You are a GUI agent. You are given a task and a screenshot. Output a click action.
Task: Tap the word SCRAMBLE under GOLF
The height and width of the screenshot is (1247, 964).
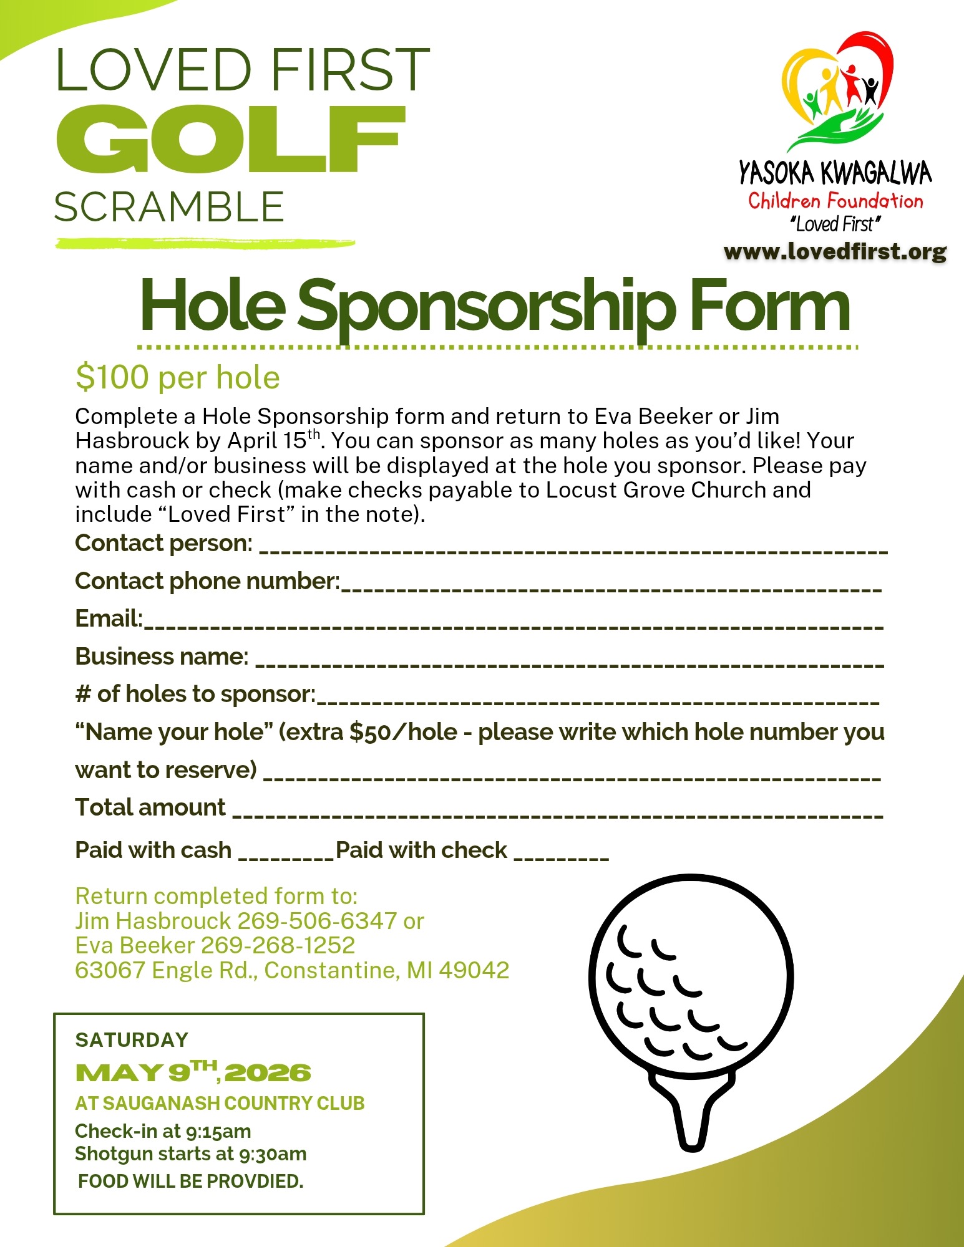169,207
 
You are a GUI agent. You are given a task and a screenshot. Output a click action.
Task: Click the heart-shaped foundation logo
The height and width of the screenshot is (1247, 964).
836,90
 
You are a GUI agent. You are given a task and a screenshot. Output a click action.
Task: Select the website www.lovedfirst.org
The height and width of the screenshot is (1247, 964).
835,251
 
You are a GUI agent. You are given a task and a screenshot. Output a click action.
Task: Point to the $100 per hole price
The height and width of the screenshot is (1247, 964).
177,378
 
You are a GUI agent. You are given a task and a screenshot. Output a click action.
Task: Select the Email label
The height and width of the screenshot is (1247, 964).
108,619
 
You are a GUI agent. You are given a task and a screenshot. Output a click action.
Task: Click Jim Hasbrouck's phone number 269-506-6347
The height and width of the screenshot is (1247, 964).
317,921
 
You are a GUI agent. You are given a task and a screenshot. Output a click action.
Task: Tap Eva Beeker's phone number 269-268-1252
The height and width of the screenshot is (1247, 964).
278,946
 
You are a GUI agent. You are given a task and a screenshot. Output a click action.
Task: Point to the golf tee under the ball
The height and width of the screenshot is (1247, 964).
691,1110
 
